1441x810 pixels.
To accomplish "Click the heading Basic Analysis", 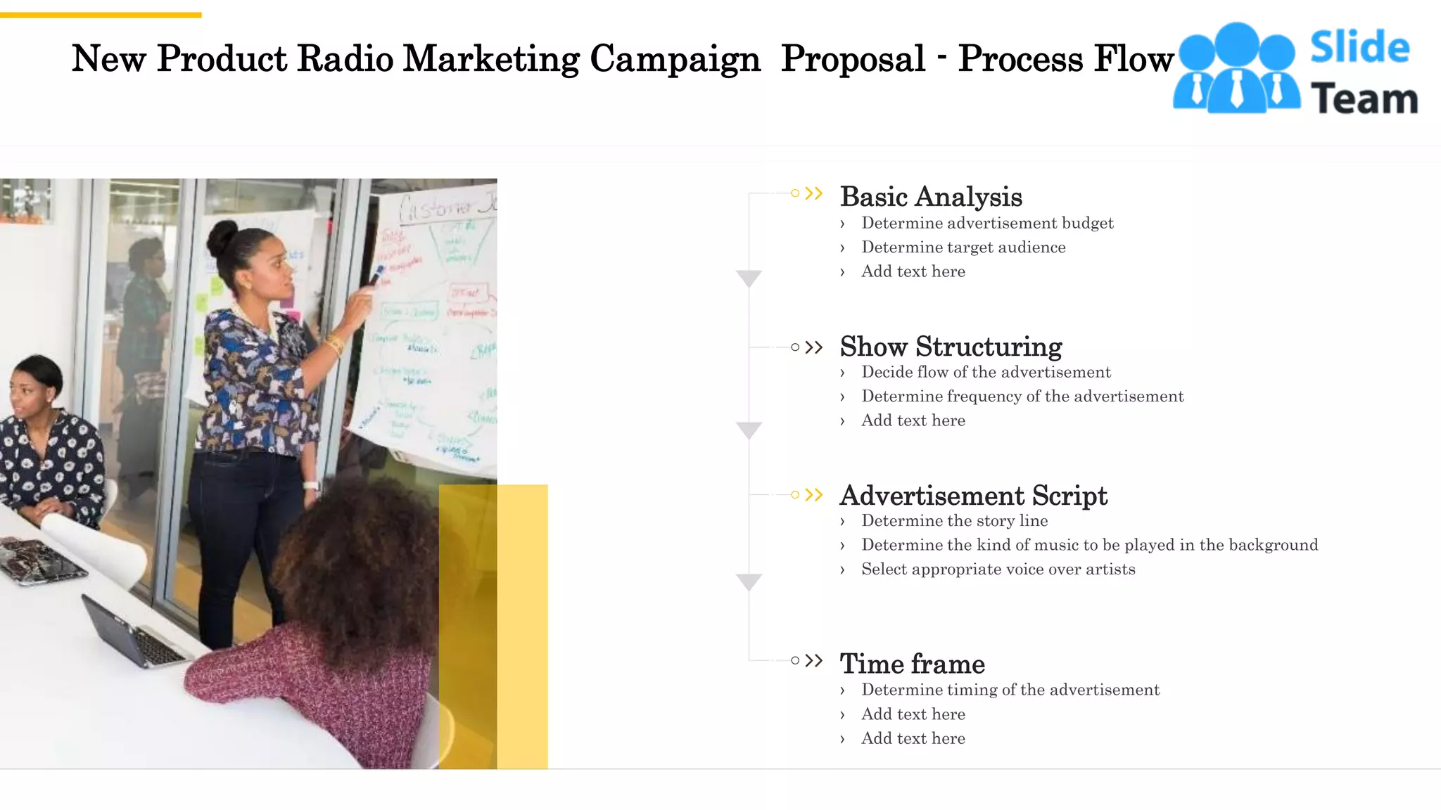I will coord(930,197).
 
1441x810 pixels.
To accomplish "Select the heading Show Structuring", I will coord(951,347).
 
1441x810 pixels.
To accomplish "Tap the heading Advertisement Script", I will coord(973,496).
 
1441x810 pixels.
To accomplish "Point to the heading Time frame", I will coord(912,664).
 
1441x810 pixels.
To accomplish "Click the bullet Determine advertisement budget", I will coord(987,224).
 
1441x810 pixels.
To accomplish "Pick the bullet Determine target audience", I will coord(963,247).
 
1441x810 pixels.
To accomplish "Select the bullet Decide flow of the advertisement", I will coord(986,373).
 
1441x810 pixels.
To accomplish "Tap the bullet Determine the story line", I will coord(954,521).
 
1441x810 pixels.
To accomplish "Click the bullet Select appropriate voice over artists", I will coord(998,570).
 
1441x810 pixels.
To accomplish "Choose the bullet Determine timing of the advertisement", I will coord(1010,690).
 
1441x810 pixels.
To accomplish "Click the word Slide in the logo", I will coord(1359,48).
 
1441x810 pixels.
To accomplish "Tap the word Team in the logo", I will coord(1364,98).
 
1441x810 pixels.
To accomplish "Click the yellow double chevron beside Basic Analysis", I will coord(814,193).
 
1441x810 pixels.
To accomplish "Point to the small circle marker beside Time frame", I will coord(795,660).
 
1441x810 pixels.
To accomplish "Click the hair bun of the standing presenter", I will coord(222,238).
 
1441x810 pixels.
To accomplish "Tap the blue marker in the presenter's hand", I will coord(377,274).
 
